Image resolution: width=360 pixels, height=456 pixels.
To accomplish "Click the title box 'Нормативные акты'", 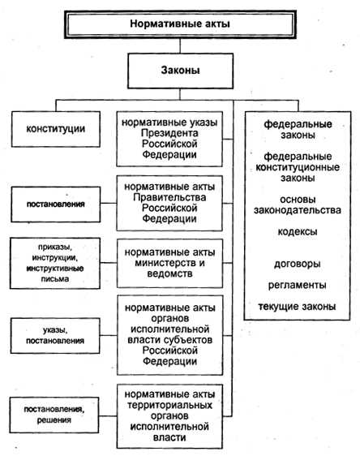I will (x=179, y=24).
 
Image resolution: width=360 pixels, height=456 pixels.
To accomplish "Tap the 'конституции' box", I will (x=56, y=129).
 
